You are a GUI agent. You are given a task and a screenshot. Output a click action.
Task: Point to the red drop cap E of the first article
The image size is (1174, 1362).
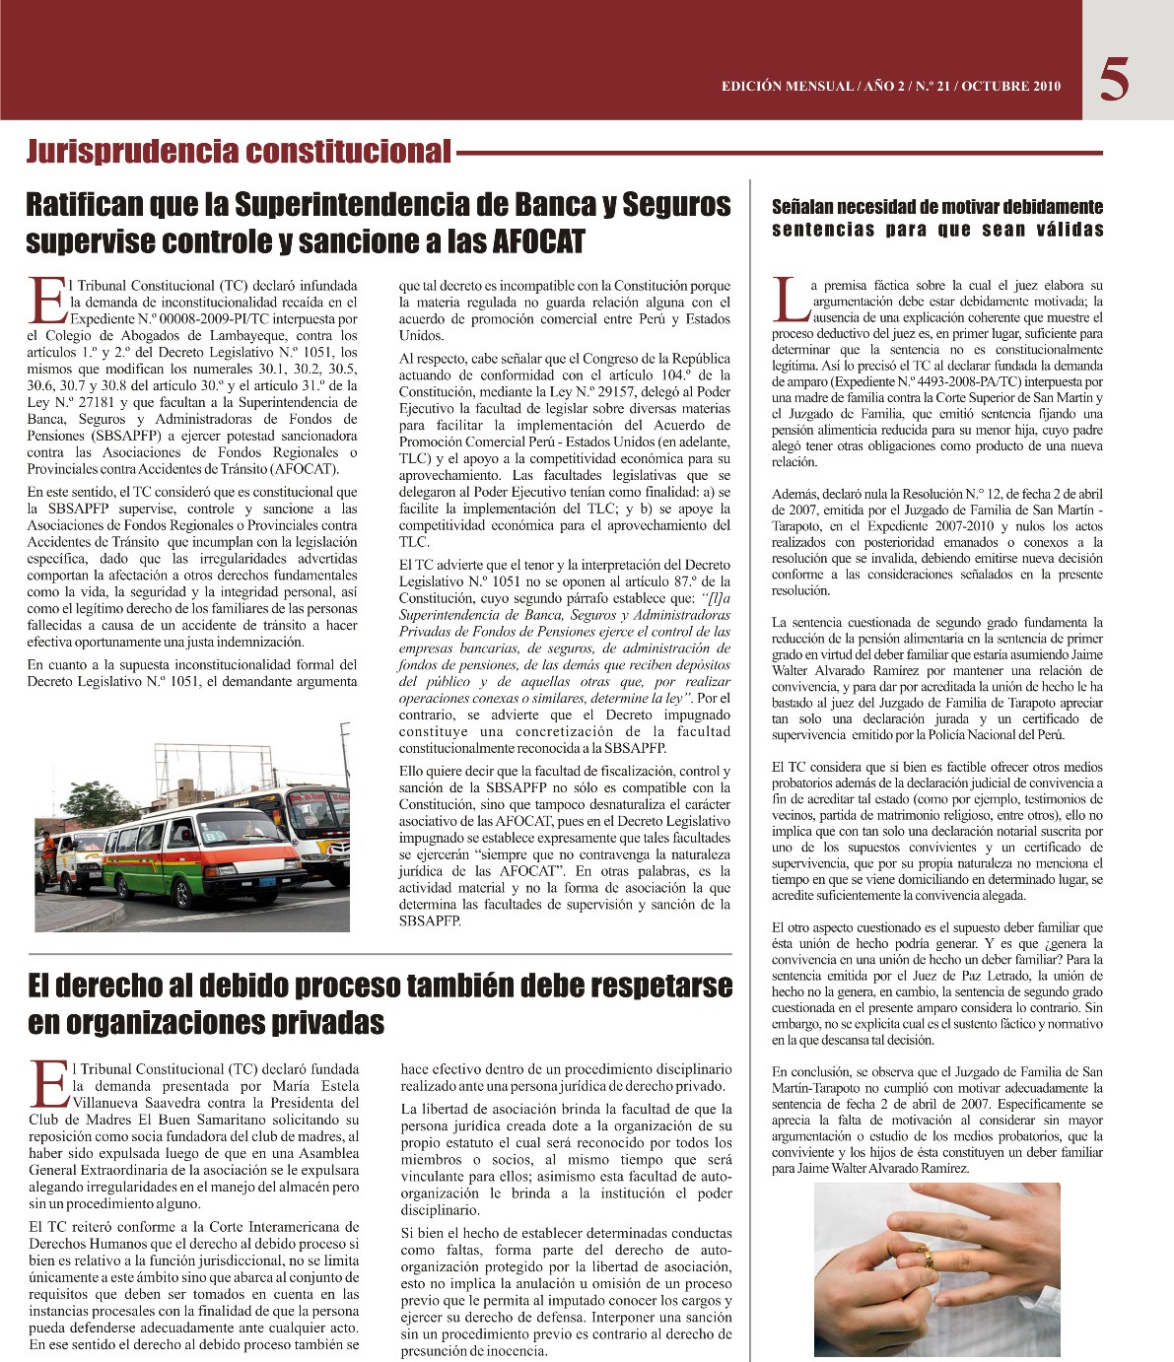(x=44, y=300)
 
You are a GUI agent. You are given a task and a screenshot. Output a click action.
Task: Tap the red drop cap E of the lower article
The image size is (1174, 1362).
(x=46, y=1083)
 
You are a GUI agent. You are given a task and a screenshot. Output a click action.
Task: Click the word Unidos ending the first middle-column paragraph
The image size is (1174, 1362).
(x=421, y=335)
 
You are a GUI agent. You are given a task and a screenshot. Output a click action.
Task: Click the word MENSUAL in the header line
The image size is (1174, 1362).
(x=815, y=86)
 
